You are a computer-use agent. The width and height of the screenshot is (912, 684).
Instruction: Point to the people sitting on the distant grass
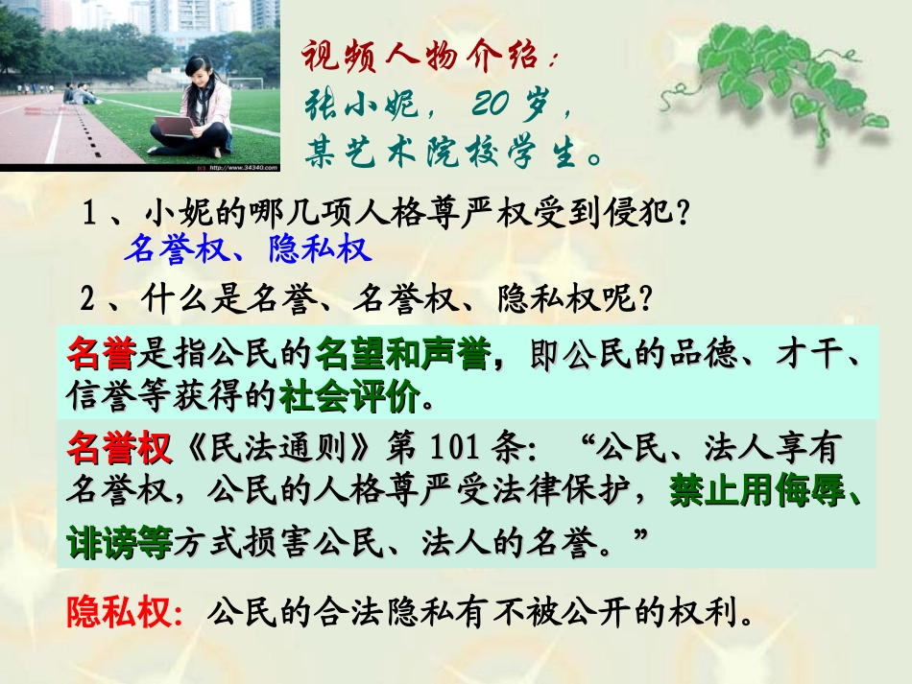(x=80, y=93)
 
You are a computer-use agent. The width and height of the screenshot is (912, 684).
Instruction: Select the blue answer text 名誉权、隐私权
(x=247, y=249)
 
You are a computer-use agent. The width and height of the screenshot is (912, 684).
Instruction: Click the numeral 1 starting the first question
(x=89, y=210)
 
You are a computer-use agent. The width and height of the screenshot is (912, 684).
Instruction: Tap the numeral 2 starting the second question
(x=89, y=300)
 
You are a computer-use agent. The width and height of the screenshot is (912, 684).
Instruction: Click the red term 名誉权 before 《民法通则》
(x=117, y=447)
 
